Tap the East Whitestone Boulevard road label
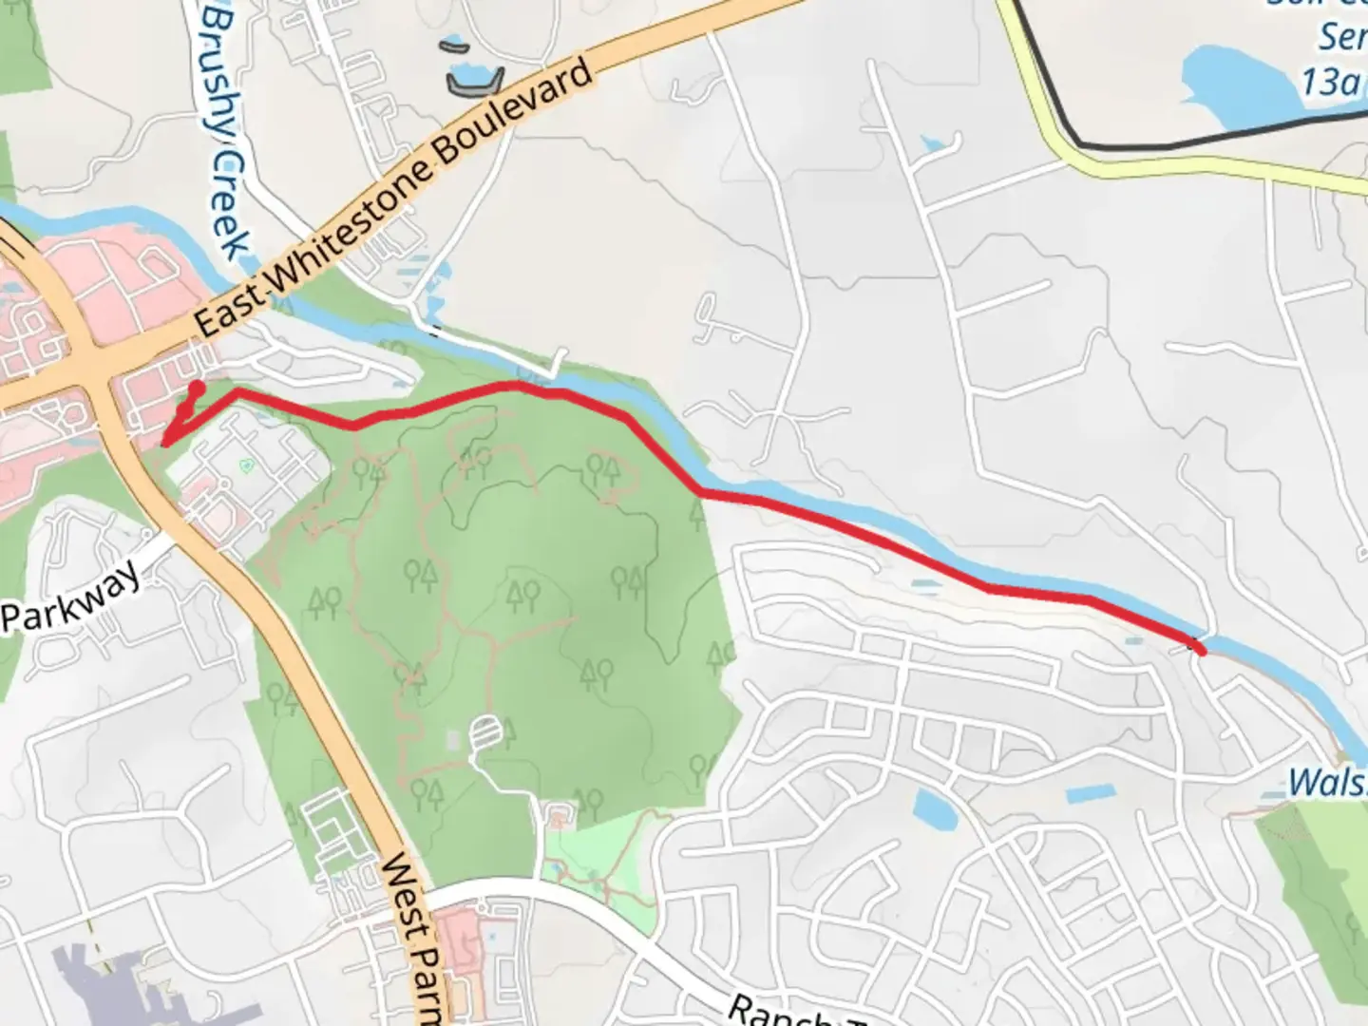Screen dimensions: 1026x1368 [x=394, y=199]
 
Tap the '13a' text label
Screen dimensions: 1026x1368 [x=1330, y=83]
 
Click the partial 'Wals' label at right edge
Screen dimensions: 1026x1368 [x=1327, y=785]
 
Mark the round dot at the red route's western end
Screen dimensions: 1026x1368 [x=197, y=388]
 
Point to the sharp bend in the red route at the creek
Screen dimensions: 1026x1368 [x=701, y=490]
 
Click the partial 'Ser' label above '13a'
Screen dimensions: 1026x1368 [x=1339, y=38]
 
